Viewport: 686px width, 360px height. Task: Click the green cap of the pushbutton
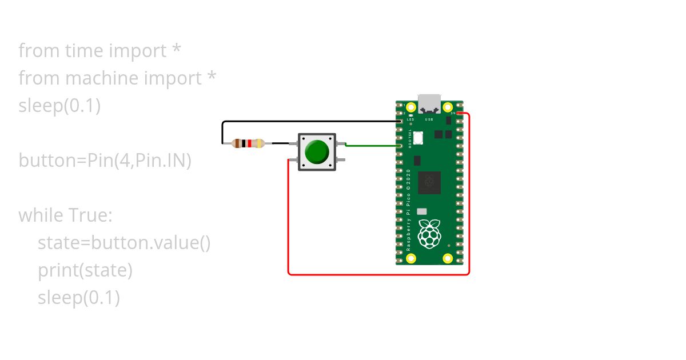(317, 151)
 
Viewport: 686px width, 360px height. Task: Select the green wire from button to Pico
(372, 145)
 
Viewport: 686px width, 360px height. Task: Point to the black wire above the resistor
(309, 121)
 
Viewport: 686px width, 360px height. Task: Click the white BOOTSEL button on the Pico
(418, 138)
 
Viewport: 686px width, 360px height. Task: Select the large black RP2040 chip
(429, 182)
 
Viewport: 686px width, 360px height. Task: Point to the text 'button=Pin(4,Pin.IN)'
(105, 161)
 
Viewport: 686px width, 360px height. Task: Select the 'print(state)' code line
(85, 270)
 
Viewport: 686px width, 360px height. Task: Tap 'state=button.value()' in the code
(125, 243)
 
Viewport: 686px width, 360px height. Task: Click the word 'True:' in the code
(90, 215)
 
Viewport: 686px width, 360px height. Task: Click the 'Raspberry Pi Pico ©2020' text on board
(409, 211)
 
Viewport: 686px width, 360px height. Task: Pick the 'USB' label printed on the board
(429, 119)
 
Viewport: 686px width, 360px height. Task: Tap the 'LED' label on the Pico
(410, 119)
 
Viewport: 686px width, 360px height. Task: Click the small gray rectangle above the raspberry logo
(422, 211)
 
